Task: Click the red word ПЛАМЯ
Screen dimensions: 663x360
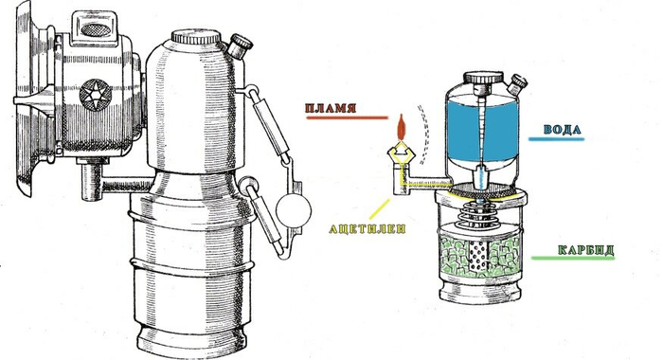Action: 331,107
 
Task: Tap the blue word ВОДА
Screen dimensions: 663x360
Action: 563,130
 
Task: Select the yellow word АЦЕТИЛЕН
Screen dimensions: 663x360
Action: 367,229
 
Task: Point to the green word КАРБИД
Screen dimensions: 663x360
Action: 585,249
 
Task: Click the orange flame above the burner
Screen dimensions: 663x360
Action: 402,127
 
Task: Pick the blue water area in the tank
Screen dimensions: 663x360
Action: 482,128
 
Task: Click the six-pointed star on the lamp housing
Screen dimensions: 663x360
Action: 96,94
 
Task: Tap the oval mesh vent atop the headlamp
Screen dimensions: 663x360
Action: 95,28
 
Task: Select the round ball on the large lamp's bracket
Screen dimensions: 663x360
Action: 294,209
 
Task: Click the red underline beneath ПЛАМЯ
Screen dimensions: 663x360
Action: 348,117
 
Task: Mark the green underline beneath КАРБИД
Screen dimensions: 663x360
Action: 573,258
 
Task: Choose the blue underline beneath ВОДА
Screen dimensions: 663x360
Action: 556,138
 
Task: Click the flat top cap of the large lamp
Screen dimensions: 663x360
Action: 195,37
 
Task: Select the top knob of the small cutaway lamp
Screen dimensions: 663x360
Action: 483,78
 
